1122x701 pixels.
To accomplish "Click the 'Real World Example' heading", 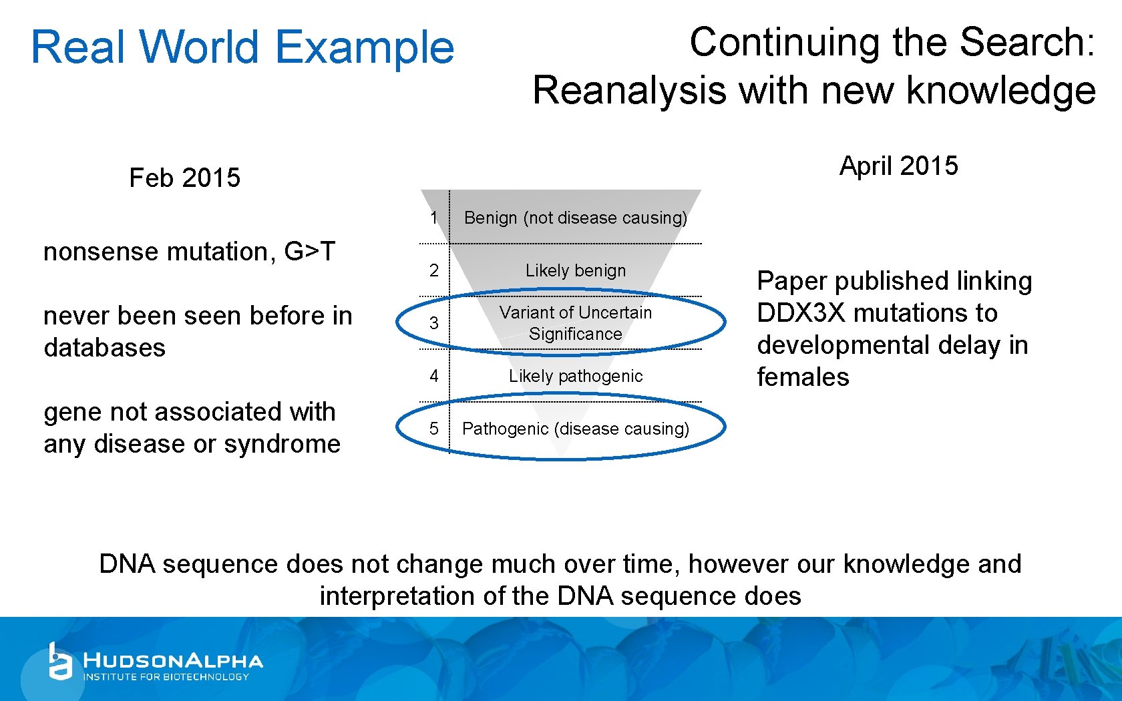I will [x=242, y=47].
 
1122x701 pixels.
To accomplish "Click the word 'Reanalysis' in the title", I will [x=628, y=91].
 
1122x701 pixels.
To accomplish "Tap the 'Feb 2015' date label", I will [x=184, y=178].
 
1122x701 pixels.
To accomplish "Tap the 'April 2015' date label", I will [x=898, y=166].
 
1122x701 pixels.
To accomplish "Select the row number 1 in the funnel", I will [x=434, y=218].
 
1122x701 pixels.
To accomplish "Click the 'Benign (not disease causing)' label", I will [x=575, y=218].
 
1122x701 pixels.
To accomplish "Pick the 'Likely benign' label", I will [x=575, y=270].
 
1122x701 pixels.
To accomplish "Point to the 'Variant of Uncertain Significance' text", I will [x=575, y=323].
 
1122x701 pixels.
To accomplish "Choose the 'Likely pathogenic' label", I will [x=575, y=376].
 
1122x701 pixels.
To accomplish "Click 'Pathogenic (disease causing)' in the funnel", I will [x=575, y=429].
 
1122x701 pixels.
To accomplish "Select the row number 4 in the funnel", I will [x=434, y=376].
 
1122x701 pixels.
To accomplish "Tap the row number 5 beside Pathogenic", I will [x=434, y=429].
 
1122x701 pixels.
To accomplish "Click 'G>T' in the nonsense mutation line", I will [x=309, y=252].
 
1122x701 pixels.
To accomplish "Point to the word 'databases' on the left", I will [x=104, y=348].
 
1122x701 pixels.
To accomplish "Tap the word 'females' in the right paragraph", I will [x=803, y=377].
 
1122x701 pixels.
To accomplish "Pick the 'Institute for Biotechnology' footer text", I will [x=166, y=677].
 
